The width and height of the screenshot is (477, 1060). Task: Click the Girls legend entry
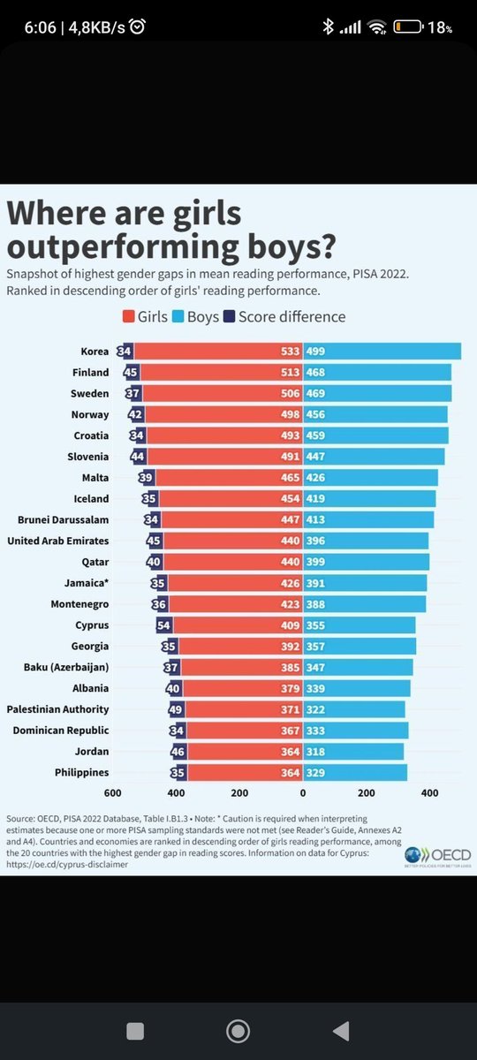click(x=148, y=316)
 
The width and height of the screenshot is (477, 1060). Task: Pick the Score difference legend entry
click(x=284, y=316)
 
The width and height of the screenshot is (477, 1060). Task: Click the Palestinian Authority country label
click(x=57, y=709)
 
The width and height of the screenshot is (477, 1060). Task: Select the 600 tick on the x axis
click(x=113, y=794)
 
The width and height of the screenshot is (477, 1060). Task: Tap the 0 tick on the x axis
click(x=302, y=794)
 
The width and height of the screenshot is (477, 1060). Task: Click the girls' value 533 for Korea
click(x=289, y=352)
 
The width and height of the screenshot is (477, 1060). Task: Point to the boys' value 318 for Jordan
click(x=316, y=752)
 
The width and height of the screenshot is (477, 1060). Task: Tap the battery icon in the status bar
click(x=409, y=27)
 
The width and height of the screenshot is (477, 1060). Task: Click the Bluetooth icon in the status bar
click(x=328, y=27)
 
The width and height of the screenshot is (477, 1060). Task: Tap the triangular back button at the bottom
click(x=340, y=1031)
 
